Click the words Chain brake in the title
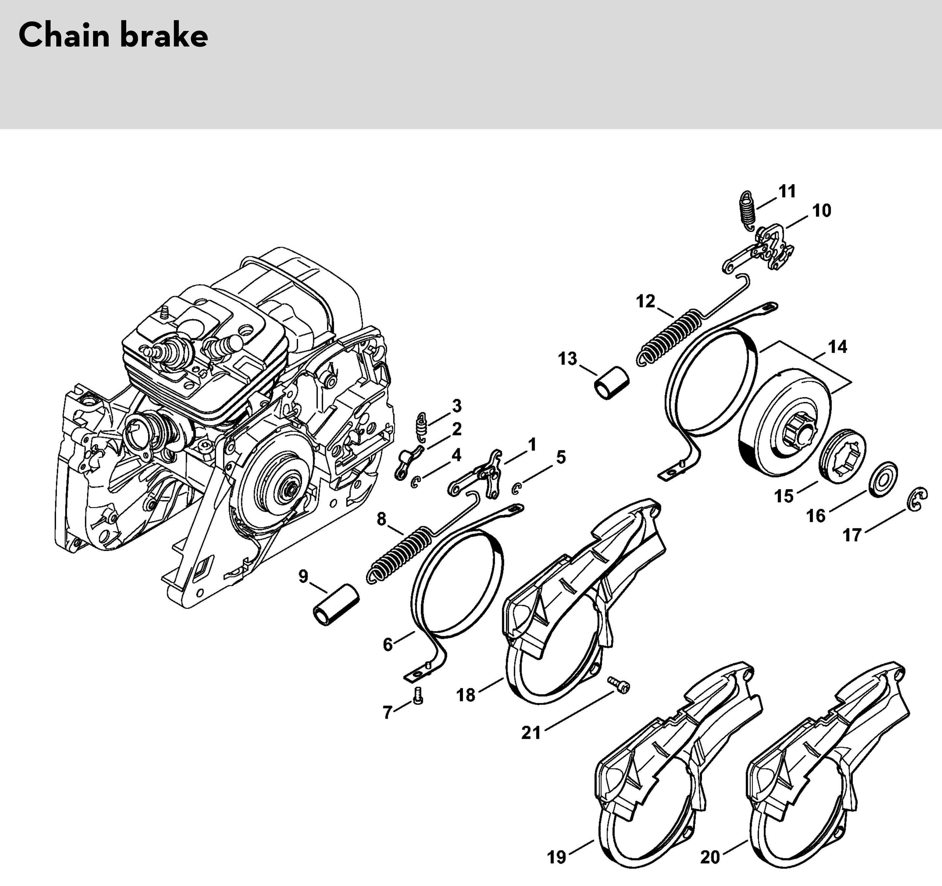(x=113, y=35)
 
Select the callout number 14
(x=837, y=347)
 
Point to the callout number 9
(x=303, y=576)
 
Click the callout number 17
(x=852, y=535)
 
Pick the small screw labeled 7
(x=418, y=696)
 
